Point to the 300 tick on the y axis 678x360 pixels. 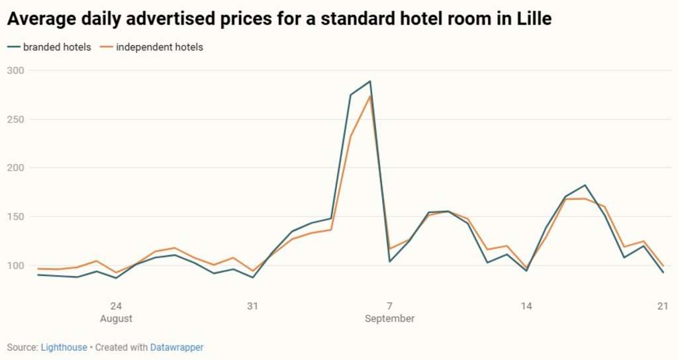[x=15, y=71]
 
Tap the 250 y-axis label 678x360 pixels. [x=15, y=120]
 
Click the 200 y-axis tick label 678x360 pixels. [x=15, y=168]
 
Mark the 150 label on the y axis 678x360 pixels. [x=15, y=217]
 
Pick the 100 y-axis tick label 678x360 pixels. [x=15, y=265]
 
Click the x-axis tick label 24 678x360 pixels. [x=116, y=306]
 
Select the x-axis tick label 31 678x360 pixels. [x=252, y=306]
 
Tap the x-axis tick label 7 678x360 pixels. [x=389, y=306]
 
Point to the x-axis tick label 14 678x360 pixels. [x=526, y=306]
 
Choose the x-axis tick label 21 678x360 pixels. [x=662, y=306]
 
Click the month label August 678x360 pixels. [x=116, y=318]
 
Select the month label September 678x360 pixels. [x=389, y=318]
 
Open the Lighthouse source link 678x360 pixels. [x=64, y=347]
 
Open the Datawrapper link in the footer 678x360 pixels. [x=176, y=347]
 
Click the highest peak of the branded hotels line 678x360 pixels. [x=370, y=81]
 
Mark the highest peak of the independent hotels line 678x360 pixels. [x=370, y=96]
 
